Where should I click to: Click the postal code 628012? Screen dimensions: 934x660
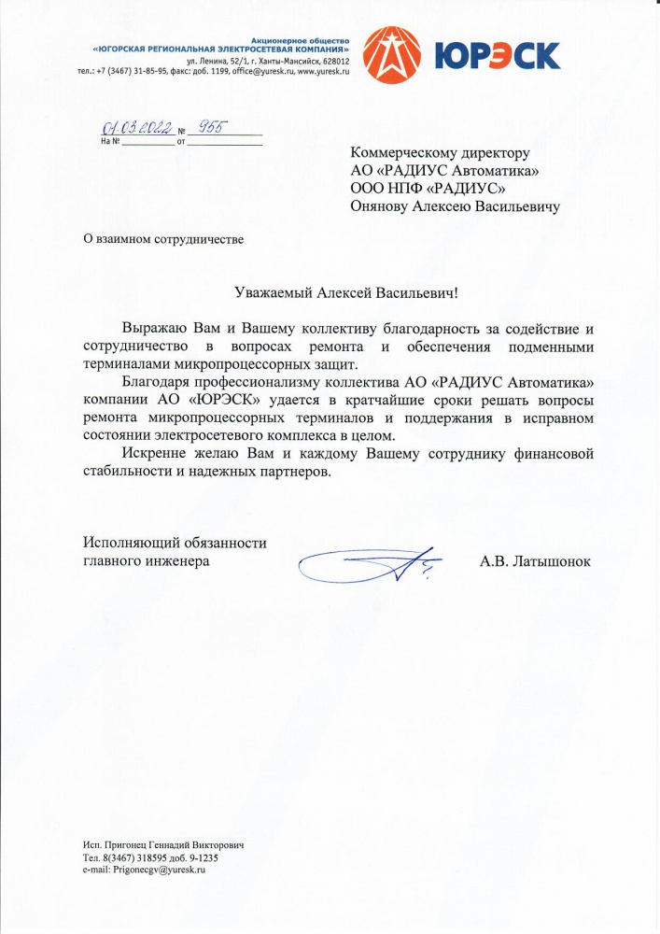334,61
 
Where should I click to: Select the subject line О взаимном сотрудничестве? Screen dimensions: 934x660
163,239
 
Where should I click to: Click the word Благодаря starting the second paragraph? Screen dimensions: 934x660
153,382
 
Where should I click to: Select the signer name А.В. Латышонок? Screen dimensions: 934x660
535,561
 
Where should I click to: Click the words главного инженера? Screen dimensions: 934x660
147,560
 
